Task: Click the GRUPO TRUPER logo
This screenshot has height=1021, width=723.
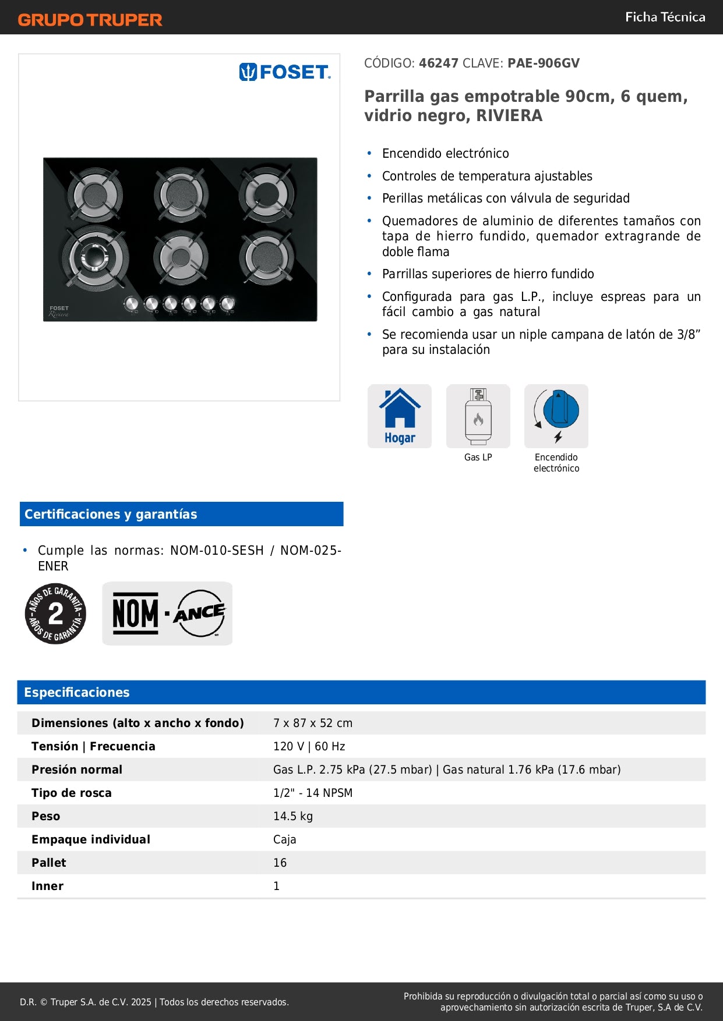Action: click(90, 20)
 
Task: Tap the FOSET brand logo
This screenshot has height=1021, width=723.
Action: click(285, 72)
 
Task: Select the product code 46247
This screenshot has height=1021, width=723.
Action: click(439, 63)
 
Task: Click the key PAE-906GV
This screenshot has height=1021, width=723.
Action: click(544, 63)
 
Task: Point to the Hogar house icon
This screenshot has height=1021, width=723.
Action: click(400, 416)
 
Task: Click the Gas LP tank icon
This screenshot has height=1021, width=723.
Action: click(478, 416)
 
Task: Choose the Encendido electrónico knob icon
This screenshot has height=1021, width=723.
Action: click(556, 416)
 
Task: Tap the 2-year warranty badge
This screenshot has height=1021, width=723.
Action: click(55, 614)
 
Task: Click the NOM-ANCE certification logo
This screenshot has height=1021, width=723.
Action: click(167, 614)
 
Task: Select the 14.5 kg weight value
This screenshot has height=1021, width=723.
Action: click(293, 816)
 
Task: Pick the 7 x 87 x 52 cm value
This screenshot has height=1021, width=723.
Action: click(313, 723)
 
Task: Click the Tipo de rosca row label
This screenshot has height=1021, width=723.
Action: click(72, 793)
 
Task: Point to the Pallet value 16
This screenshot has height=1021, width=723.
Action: click(280, 863)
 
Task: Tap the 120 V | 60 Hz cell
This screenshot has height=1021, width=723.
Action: click(309, 746)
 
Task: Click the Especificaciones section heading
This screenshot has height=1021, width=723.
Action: click(77, 692)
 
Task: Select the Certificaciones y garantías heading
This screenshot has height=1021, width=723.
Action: click(111, 514)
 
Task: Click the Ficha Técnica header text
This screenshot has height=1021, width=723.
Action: click(665, 17)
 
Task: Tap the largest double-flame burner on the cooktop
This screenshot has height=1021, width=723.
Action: click(93, 257)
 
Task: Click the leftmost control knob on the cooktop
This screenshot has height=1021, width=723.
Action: click(132, 303)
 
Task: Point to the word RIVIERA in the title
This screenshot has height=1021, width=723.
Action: click(509, 116)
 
